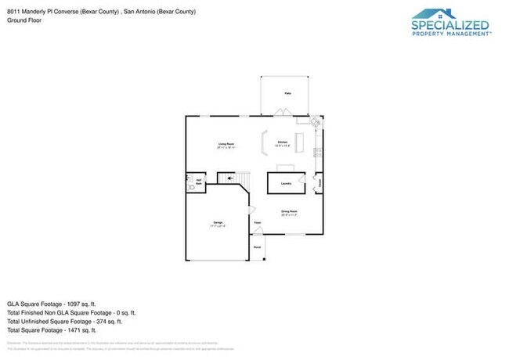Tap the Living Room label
click(226, 144)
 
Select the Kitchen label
click(283, 142)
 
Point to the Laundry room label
click(286, 183)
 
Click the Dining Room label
click(289, 211)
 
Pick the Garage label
click(217, 223)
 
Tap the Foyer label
click(257, 223)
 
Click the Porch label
click(257, 247)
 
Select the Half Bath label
click(199, 182)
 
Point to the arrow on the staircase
click(231, 178)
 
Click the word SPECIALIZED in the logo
click(451, 23)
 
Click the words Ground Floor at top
click(24, 20)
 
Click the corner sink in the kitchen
click(316, 122)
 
